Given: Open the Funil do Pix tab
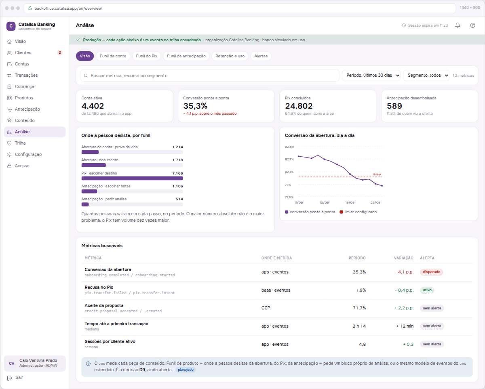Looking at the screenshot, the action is pos(146,56).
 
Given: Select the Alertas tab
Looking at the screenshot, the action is pos(261,56).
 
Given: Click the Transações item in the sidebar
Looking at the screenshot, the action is pos(26,75).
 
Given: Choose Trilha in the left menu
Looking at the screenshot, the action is pos(20,143).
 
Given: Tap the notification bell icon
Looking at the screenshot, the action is pos(458,25).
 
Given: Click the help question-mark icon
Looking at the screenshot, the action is pos(472,25).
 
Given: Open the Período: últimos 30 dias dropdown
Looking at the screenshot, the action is pos(371,75).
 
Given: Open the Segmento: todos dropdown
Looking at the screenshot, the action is pos(426,75).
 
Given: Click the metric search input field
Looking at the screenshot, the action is pos(210,76).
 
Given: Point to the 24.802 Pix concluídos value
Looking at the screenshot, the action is pos(299,106).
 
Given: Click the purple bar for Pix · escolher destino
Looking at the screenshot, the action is pos(132,179).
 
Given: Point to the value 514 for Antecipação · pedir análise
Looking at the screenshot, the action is pos(179,199).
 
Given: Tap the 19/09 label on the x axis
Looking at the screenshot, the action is pos(350,202).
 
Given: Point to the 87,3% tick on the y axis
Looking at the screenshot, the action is pos(289,160).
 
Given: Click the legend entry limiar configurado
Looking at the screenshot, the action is pos(358,212).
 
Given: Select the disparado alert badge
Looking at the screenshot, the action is pos(431,272).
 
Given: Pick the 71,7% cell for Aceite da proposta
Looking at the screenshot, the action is pos(359,308).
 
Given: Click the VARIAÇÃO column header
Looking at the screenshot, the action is pos(403,258).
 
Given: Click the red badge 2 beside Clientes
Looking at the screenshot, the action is pos(60,53).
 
